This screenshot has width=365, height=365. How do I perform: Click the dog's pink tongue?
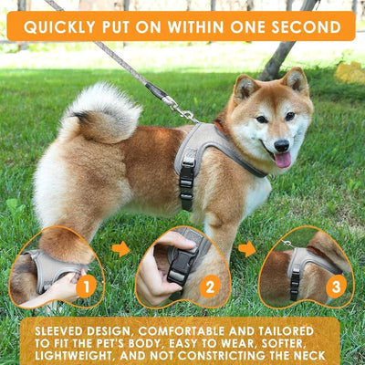point(283,160)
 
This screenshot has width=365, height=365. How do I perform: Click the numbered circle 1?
point(86,287)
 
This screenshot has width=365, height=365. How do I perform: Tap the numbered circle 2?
point(209,287)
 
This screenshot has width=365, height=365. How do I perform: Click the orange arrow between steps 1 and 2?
point(120,249)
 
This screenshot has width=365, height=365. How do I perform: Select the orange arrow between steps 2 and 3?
point(247,249)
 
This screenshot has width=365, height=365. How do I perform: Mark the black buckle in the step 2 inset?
point(180,265)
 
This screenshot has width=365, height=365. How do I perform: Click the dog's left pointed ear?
point(244,89)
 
